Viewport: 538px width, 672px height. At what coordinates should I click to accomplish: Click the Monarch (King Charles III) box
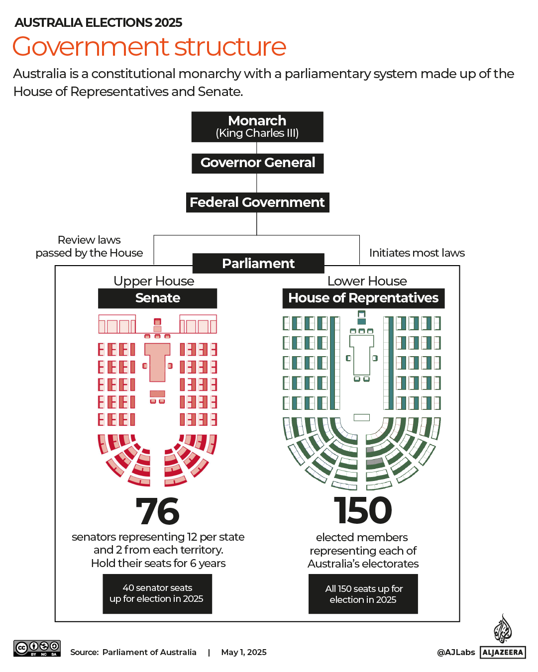[x=257, y=127]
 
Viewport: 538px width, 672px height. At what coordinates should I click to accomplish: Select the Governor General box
[x=257, y=163]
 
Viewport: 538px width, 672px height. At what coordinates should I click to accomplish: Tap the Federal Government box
[x=257, y=202]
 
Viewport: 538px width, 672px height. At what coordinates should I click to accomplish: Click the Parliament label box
[x=258, y=263]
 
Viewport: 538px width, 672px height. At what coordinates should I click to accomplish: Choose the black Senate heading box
[x=157, y=298]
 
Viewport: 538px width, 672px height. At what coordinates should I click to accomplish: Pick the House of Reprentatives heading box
[x=363, y=298]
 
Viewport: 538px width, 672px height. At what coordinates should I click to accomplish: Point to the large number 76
[x=157, y=511]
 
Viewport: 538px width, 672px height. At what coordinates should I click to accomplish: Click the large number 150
[x=363, y=511]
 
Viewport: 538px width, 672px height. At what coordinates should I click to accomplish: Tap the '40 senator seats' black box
[x=157, y=593]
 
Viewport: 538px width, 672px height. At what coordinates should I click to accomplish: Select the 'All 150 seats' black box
[x=363, y=594]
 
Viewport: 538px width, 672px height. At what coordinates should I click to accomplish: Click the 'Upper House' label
[x=154, y=281]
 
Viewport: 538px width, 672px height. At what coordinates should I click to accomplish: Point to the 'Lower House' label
[x=367, y=281]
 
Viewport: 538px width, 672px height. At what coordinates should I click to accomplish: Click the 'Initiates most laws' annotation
[x=417, y=253]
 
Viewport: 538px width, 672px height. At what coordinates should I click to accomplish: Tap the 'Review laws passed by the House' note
[x=89, y=246]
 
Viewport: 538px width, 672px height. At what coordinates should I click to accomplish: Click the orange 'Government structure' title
[x=149, y=47]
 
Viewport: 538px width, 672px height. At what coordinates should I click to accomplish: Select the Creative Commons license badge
[x=37, y=648]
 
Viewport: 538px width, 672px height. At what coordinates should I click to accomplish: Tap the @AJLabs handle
[x=456, y=652]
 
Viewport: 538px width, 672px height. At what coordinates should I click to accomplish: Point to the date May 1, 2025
[x=244, y=652]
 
